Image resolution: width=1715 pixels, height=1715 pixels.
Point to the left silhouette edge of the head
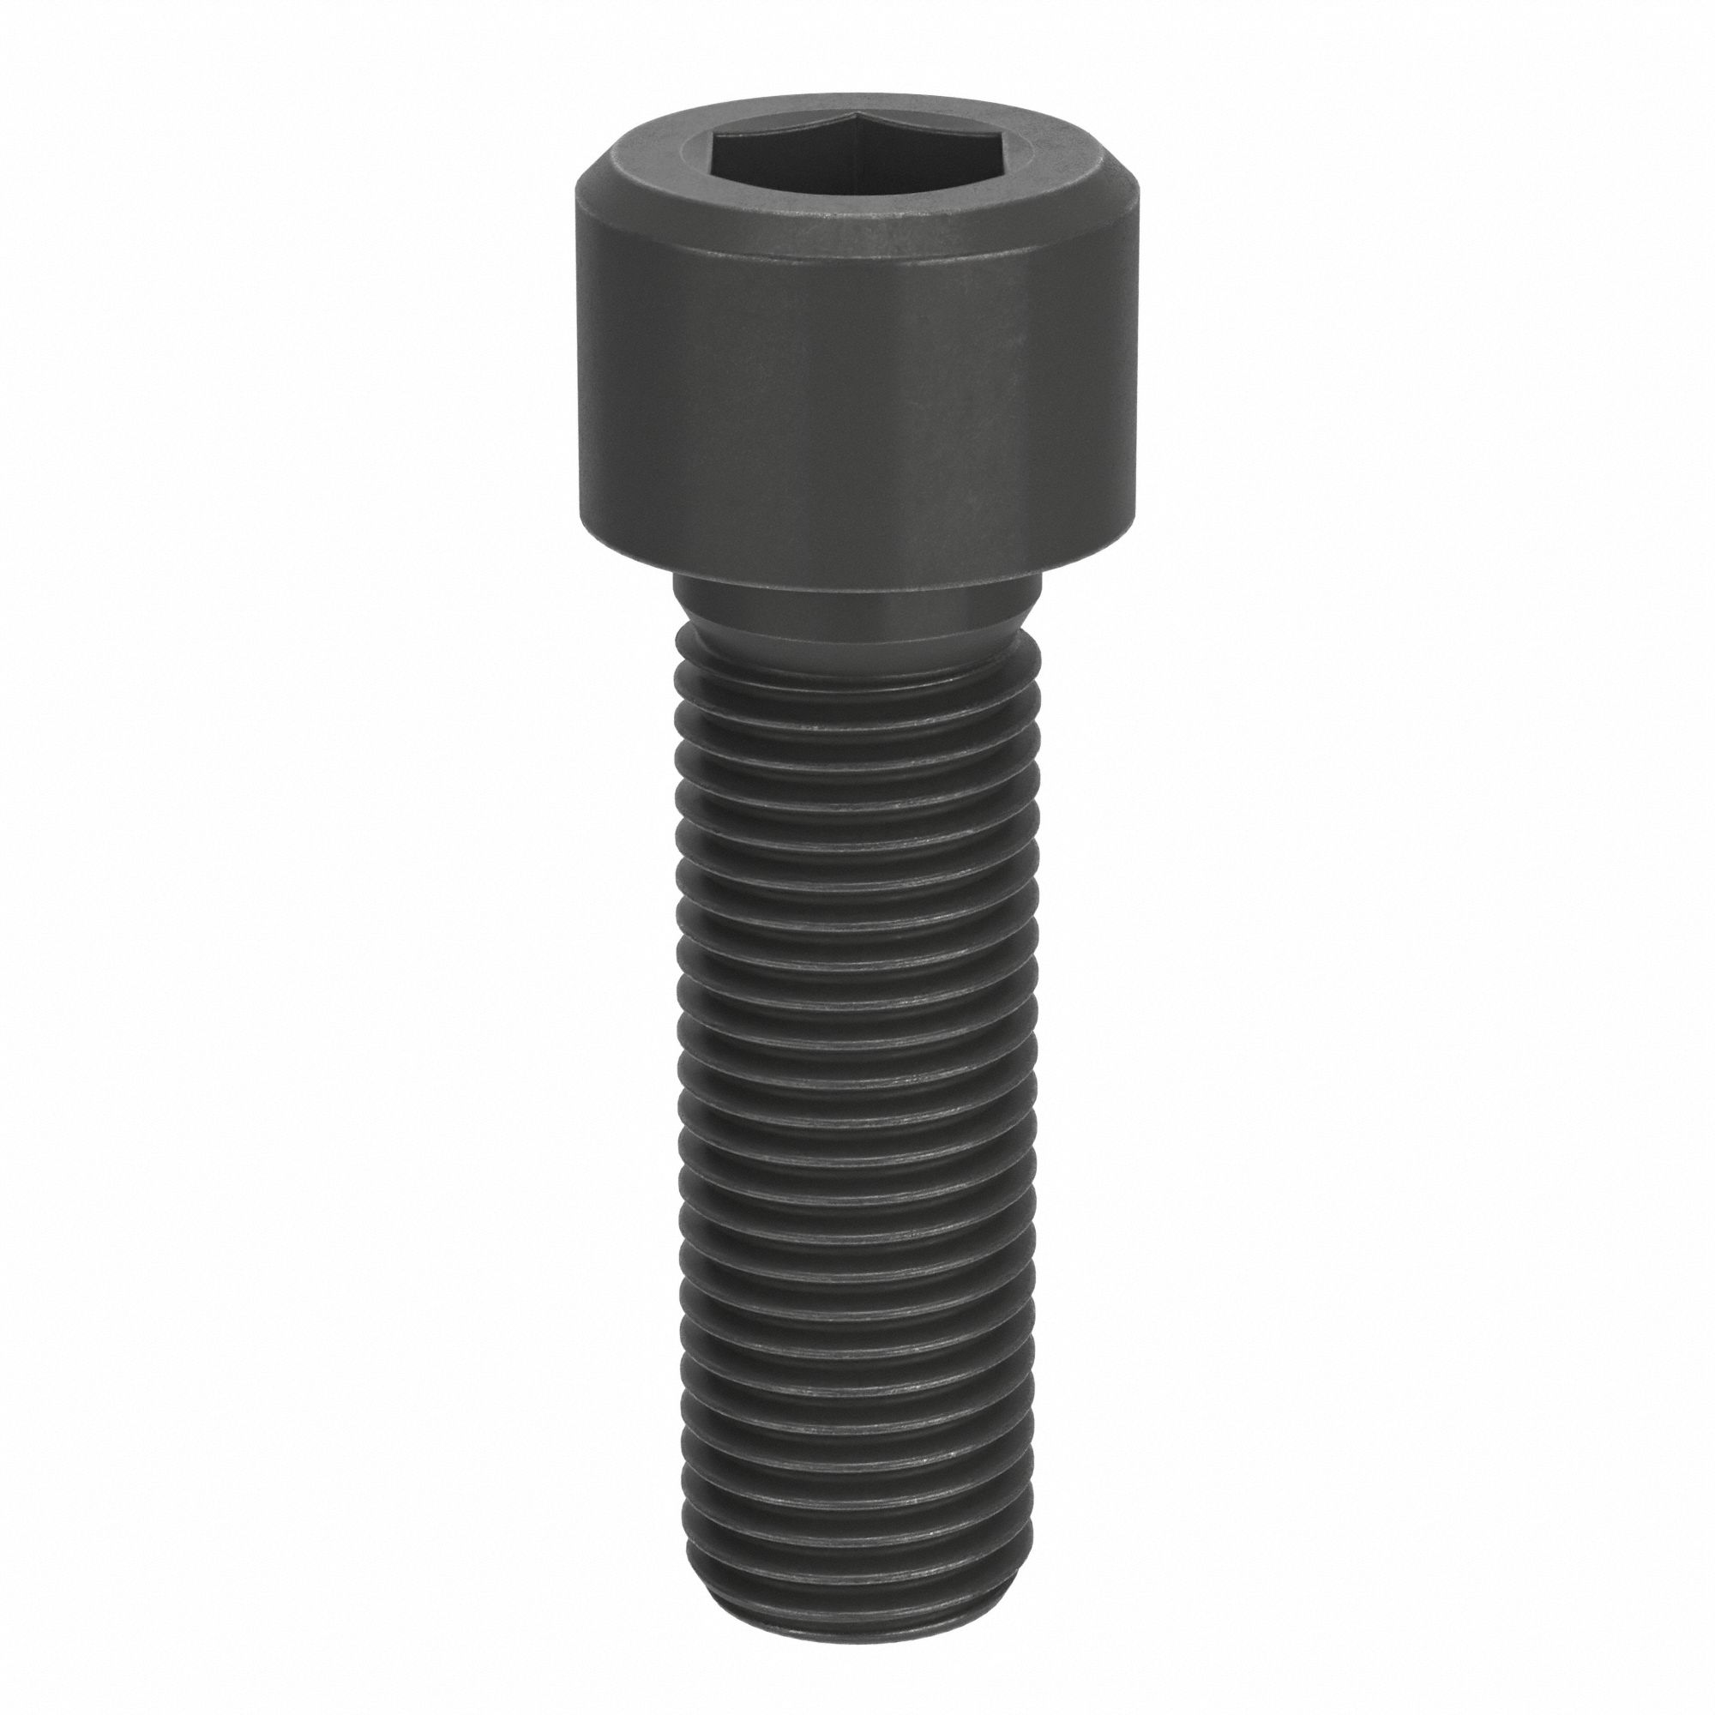coord(576,373)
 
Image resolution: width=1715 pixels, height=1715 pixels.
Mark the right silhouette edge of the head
coord(1135,373)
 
